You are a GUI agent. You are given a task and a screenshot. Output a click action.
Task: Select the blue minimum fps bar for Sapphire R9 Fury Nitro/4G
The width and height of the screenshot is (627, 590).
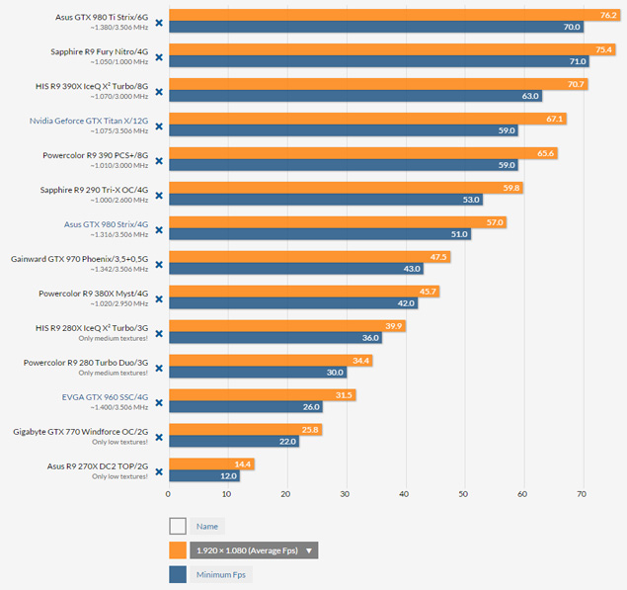pos(375,61)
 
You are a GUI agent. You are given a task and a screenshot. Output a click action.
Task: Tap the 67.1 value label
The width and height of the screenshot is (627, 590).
pos(554,119)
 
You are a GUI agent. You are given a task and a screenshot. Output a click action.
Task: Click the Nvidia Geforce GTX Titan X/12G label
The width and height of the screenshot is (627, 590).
pos(90,120)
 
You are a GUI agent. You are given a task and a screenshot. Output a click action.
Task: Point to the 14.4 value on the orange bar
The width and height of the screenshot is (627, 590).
pos(243,464)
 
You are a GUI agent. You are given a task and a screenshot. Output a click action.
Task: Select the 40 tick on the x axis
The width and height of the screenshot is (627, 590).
pos(405,493)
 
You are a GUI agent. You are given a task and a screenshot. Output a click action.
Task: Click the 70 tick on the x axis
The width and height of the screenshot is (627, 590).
pos(582,493)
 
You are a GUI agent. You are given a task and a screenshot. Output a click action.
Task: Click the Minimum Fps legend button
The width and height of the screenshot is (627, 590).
pos(220,574)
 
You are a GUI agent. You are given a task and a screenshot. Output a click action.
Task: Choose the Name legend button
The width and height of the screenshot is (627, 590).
pos(207,527)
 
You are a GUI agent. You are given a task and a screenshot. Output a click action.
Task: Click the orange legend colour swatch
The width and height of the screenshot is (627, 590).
pos(178,550)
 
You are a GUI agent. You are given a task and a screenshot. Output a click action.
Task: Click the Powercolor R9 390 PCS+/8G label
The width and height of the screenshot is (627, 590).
pos(95,154)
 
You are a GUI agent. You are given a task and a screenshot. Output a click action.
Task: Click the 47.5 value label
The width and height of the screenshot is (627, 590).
pos(439,257)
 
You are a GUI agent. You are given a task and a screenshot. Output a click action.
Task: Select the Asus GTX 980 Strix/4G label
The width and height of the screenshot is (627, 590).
pos(106,223)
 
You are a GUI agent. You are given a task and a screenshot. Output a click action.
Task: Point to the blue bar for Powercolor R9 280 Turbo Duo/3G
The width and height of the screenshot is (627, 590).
pos(257,373)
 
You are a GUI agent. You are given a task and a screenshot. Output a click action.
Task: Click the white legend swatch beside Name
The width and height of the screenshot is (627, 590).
pos(178,527)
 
